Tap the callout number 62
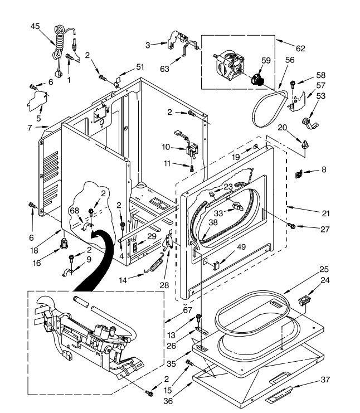(300, 48)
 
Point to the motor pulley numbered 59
(258, 78)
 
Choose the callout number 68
(74, 211)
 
